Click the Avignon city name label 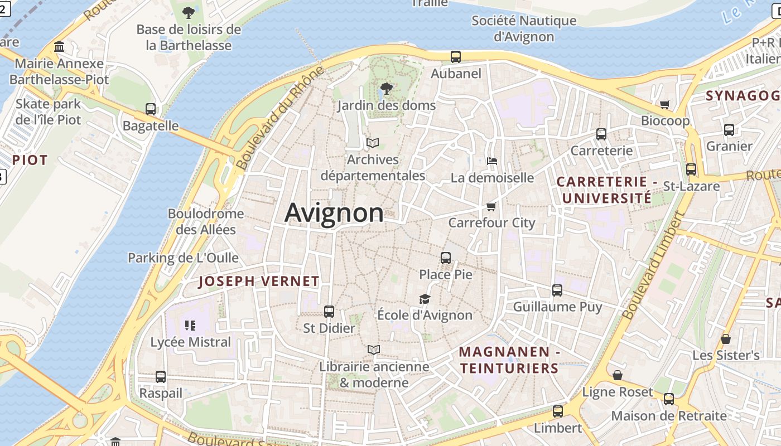tap(334, 213)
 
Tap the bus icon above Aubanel tap(456, 56)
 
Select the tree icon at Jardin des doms tap(385, 88)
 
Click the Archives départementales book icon tap(373, 143)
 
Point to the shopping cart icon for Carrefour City tap(491, 206)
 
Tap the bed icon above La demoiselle tap(492, 161)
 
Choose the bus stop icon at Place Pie tap(445, 258)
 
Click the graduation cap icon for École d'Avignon tap(425, 299)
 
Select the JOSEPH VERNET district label tap(259, 282)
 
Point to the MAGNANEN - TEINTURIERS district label tap(509, 360)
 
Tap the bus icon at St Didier tap(329, 312)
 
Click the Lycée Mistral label tap(191, 342)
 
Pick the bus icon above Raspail tap(161, 377)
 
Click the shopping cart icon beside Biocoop tap(664, 104)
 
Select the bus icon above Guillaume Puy tap(557, 290)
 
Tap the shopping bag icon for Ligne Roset tap(617, 375)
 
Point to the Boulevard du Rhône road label tap(280, 118)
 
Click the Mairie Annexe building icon tap(59, 46)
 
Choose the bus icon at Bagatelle tap(151, 109)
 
